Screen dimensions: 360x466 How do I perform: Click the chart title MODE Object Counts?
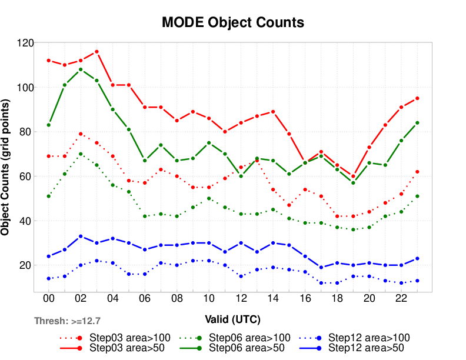[x=233, y=23]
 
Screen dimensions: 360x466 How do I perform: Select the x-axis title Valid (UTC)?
[x=232, y=319]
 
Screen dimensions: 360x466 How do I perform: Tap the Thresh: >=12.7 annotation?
[x=68, y=321]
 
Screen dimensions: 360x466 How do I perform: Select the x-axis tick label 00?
[x=48, y=299]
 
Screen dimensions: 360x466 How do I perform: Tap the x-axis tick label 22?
[x=401, y=299]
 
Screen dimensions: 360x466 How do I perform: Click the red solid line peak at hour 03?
[x=96, y=52]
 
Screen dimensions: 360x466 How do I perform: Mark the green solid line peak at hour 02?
[x=81, y=69]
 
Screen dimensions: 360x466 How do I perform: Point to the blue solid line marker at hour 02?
[x=81, y=236]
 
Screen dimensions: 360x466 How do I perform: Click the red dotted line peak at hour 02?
[x=81, y=134]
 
